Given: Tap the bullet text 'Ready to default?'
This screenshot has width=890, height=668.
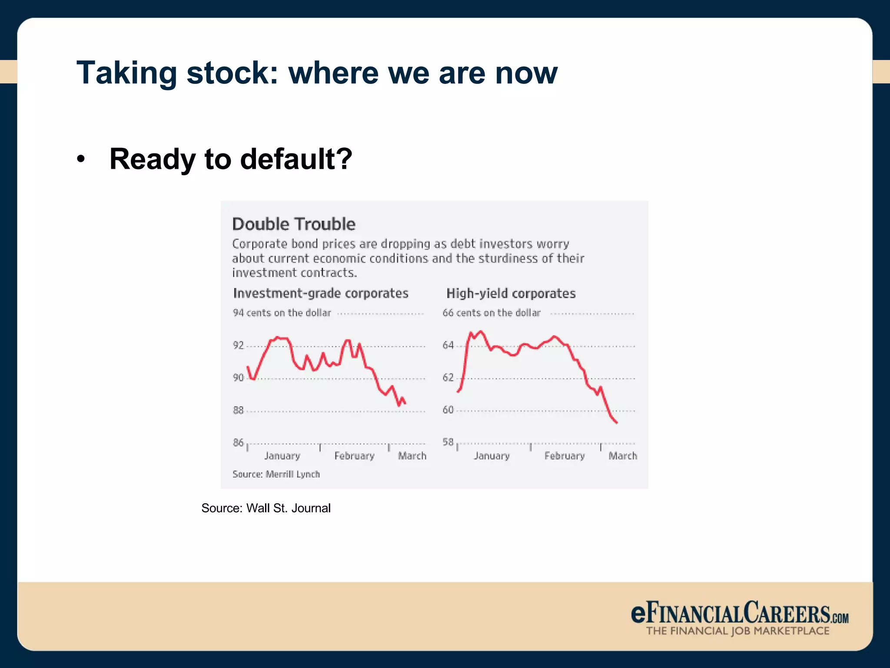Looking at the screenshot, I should pos(230,159).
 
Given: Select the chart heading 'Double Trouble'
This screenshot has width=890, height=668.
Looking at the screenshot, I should pos(294,224).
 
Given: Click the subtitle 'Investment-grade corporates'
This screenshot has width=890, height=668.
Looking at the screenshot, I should pos(321,293).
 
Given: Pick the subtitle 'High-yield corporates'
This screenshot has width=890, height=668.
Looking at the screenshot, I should pos(511,294).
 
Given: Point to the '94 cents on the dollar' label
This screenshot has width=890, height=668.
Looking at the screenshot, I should pos(282,313).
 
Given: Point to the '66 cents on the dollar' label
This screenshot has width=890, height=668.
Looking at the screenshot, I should pos(491,313).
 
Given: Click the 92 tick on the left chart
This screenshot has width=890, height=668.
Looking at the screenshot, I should pos(238,345).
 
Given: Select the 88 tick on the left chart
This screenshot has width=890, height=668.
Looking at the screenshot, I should pos(238,410).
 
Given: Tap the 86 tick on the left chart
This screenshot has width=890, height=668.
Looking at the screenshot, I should pos(238,442).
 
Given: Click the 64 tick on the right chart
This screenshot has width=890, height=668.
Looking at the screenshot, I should pos(448,345).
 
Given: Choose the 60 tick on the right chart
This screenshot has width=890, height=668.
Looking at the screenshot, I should pos(448,410).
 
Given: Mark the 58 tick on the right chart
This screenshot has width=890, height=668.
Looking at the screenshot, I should pos(448,442).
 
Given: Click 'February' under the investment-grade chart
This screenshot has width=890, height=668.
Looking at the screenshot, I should pos(354,456).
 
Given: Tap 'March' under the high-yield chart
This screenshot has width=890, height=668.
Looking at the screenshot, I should pos(622,456).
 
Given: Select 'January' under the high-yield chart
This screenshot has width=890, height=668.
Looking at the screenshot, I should pos(491,456).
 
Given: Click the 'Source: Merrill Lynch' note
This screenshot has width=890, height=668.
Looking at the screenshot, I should pos(276,474).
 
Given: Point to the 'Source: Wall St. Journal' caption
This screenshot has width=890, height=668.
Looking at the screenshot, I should pos(266,508).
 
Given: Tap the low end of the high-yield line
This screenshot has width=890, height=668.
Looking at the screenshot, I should pos(616,422).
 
